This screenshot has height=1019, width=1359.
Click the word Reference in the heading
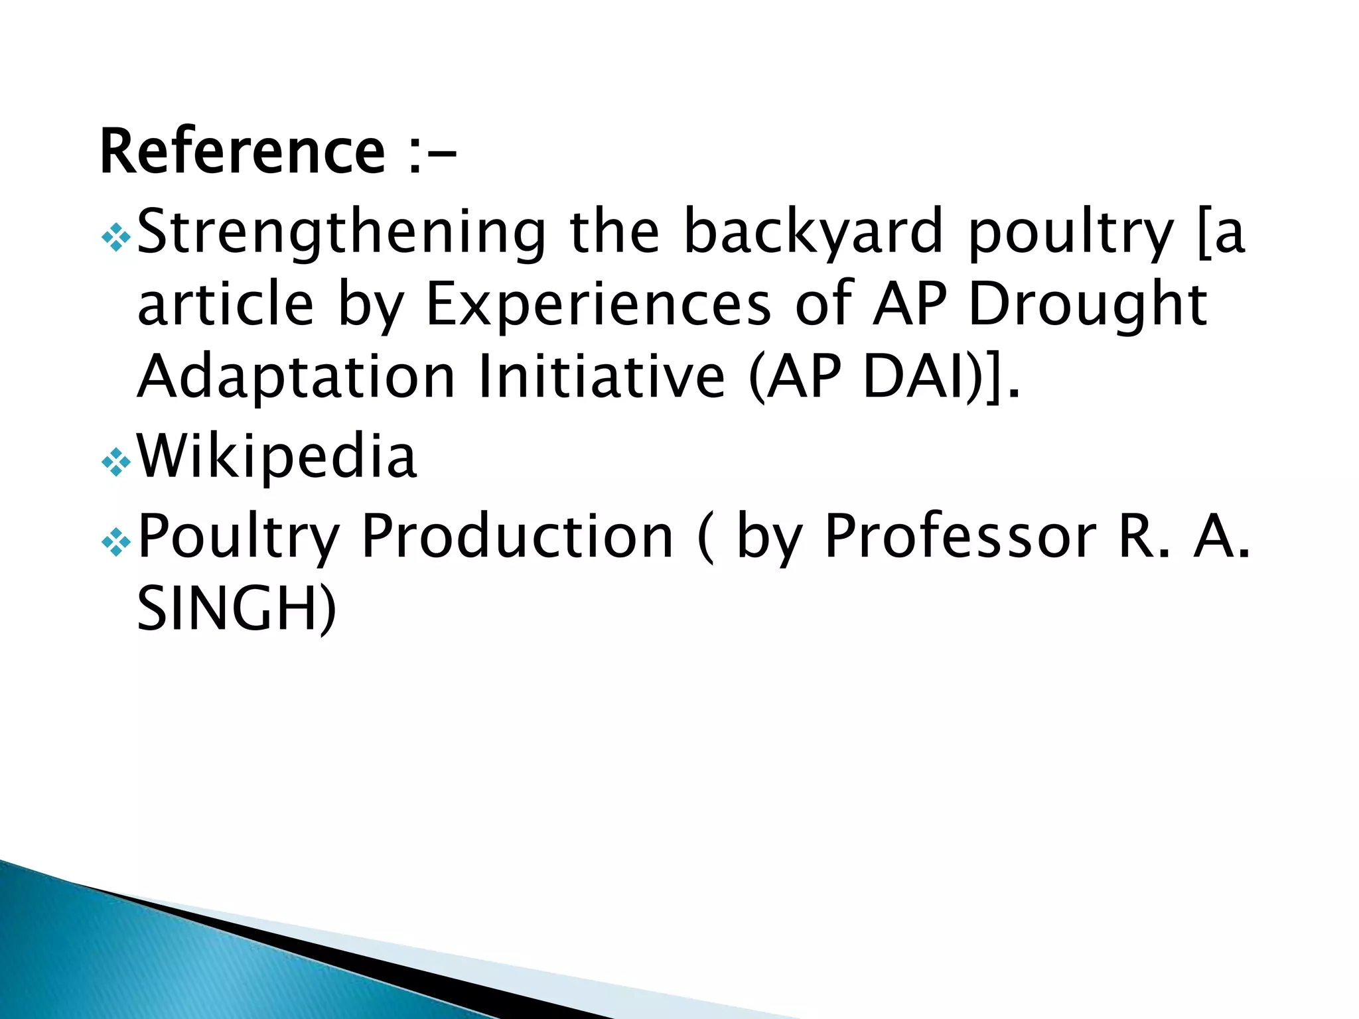click(242, 152)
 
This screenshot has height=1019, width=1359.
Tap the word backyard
click(813, 232)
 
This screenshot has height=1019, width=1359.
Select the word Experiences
click(597, 305)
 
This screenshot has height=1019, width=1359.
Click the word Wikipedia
click(277, 456)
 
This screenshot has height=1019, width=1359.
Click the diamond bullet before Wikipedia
click(116, 463)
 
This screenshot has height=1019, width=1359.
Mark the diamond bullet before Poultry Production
click(116, 543)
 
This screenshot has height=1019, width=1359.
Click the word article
click(225, 305)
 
